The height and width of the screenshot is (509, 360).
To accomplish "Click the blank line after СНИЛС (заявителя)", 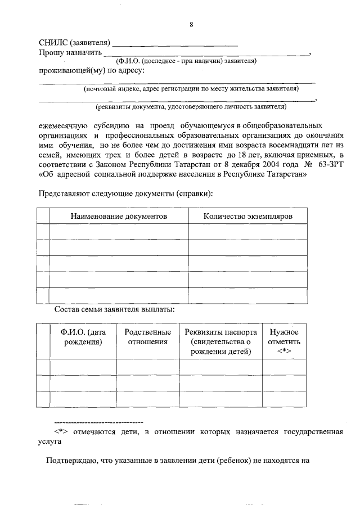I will pyautogui.click(x=175, y=43).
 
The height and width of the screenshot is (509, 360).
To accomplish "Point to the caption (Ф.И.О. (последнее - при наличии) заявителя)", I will pyautogui.click(x=186, y=61).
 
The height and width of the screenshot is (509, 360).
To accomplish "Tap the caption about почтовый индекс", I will pyautogui.click(x=191, y=88).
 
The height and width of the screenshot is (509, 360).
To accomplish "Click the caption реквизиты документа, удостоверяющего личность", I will pyautogui.click(x=191, y=106).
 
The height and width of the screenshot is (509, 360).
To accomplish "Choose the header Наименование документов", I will pyautogui.click(x=119, y=216).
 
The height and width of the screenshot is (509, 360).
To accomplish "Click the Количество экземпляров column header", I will pyautogui.click(x=247, y=216).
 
